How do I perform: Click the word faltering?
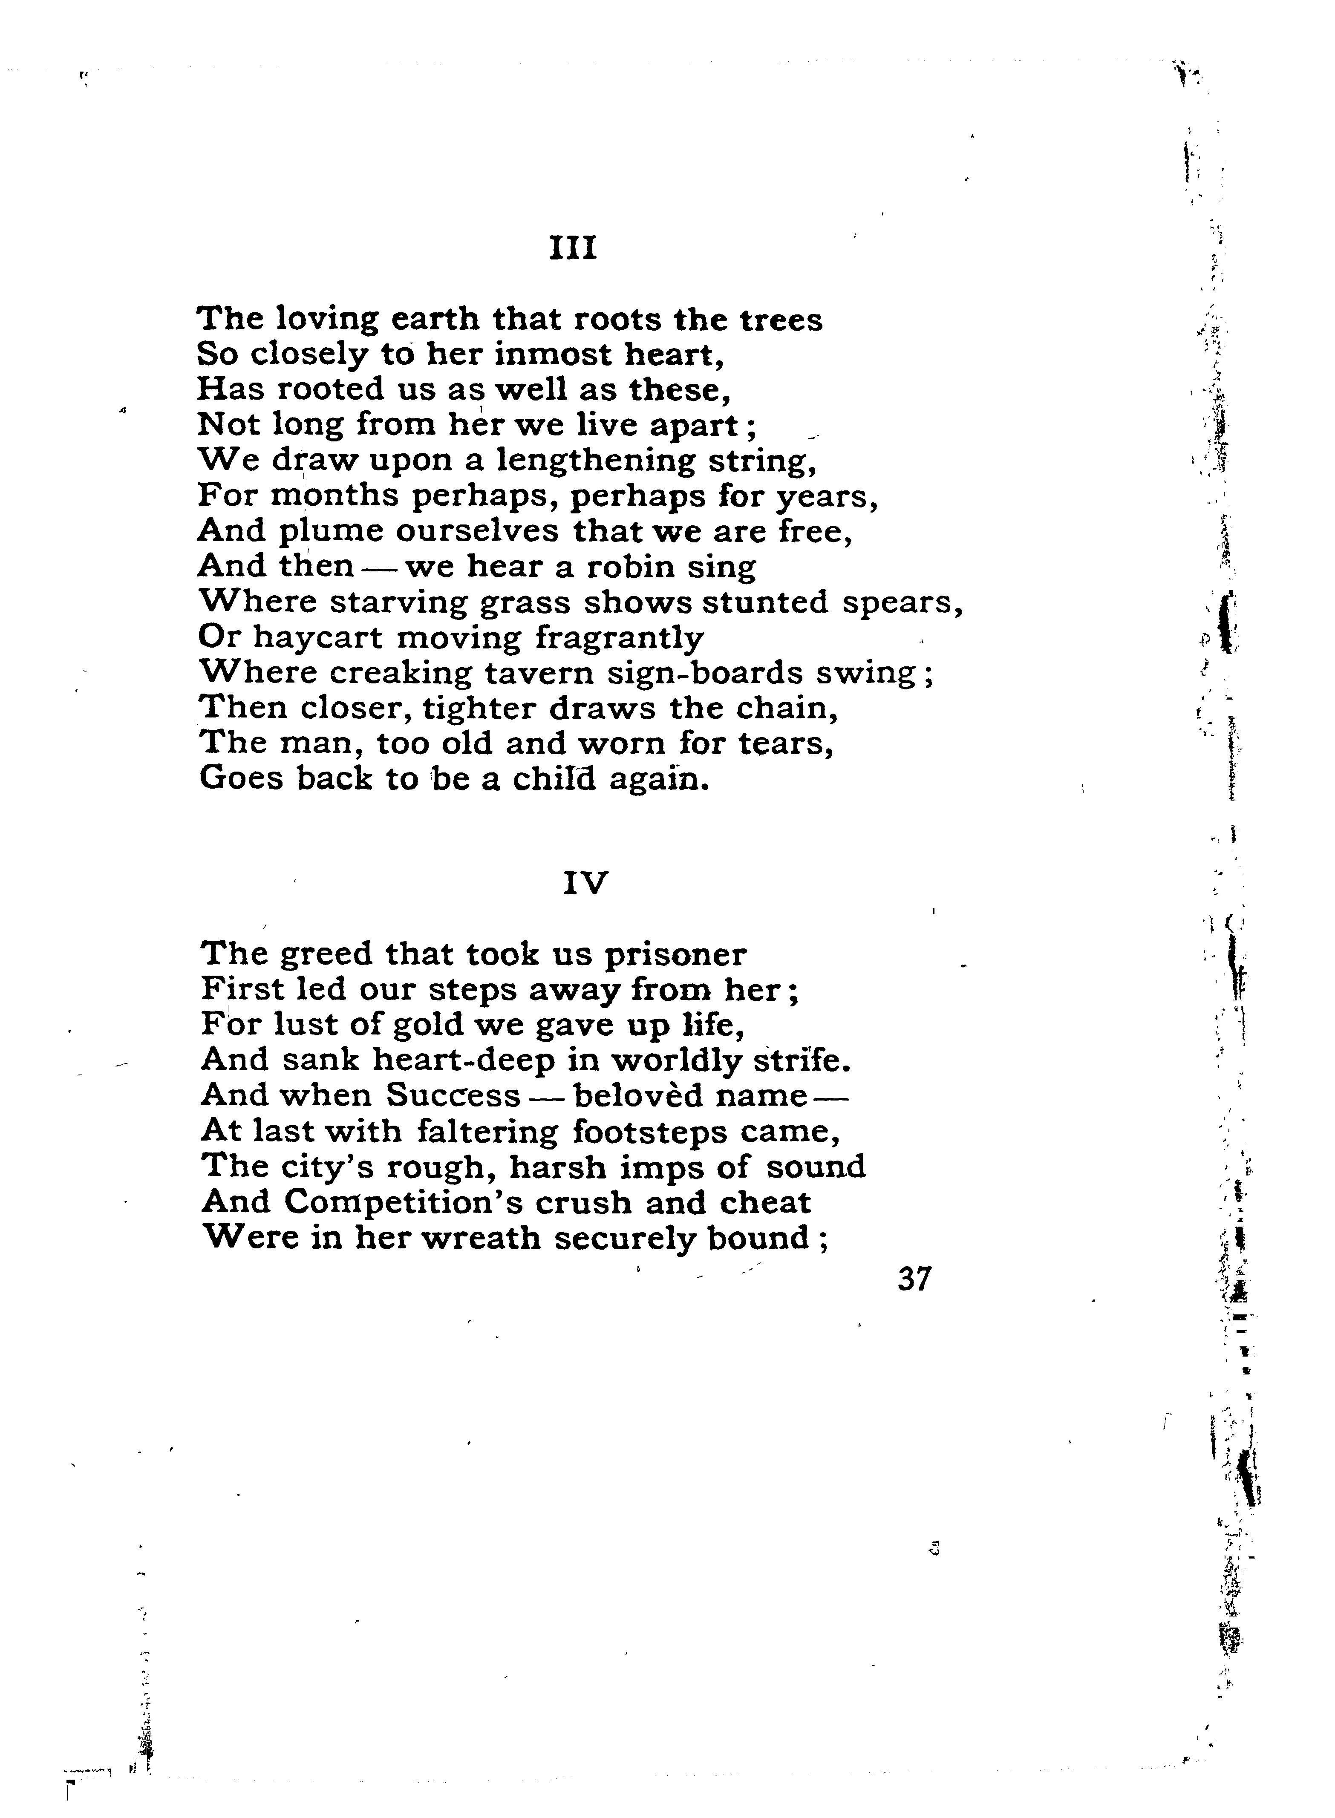pyautogui.click(x=488, y=1130)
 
